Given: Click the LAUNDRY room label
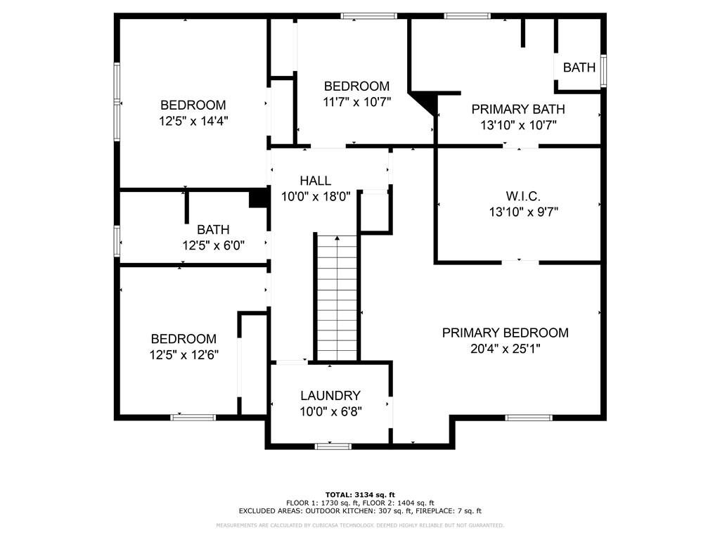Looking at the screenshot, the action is (330, 395).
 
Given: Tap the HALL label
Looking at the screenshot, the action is (316, 181).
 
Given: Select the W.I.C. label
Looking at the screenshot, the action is (523, 196).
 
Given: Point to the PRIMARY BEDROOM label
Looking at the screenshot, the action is (505, 333).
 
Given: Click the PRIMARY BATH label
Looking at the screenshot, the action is (518, 109).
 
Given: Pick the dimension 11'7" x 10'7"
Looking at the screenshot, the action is (356, 101).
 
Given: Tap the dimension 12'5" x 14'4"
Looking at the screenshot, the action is (193, 121).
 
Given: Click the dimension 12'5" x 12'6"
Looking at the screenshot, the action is (184, 354).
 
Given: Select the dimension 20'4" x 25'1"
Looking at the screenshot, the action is (505, 349).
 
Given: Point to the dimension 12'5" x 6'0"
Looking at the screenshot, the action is (213, 245).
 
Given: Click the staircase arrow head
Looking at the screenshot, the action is (337, 238).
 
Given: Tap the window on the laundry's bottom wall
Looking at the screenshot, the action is (333, 446).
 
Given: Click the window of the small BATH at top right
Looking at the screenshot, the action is (604, 71).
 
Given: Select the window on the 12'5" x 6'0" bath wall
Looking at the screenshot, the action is (117, 240).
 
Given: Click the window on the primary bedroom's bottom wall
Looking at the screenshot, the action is (528, 418).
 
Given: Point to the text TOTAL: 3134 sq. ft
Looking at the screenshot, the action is (360, 494).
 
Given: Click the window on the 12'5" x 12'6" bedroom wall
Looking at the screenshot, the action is (193, 418).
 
